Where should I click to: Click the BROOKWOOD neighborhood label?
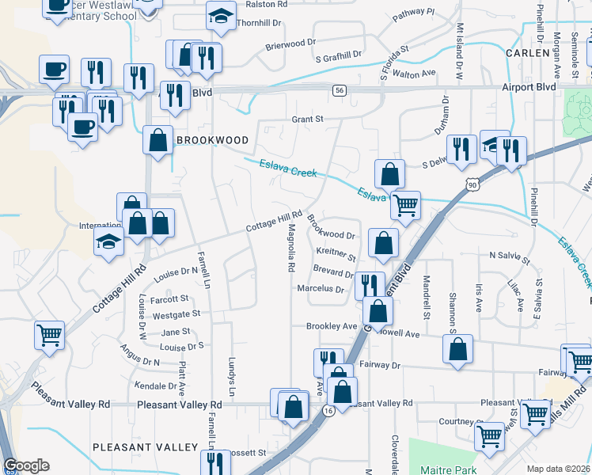[212, 140]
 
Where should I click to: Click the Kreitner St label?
[336, 254]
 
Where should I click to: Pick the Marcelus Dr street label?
[321, 290]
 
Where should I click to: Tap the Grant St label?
[308, 120]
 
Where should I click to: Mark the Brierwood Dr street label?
[290, 45]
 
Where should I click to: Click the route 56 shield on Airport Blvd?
[339, 91]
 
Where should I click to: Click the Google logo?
[26, 465]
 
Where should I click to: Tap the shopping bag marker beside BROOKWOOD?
[158, 141]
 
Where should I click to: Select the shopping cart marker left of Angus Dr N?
[49, 335]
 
